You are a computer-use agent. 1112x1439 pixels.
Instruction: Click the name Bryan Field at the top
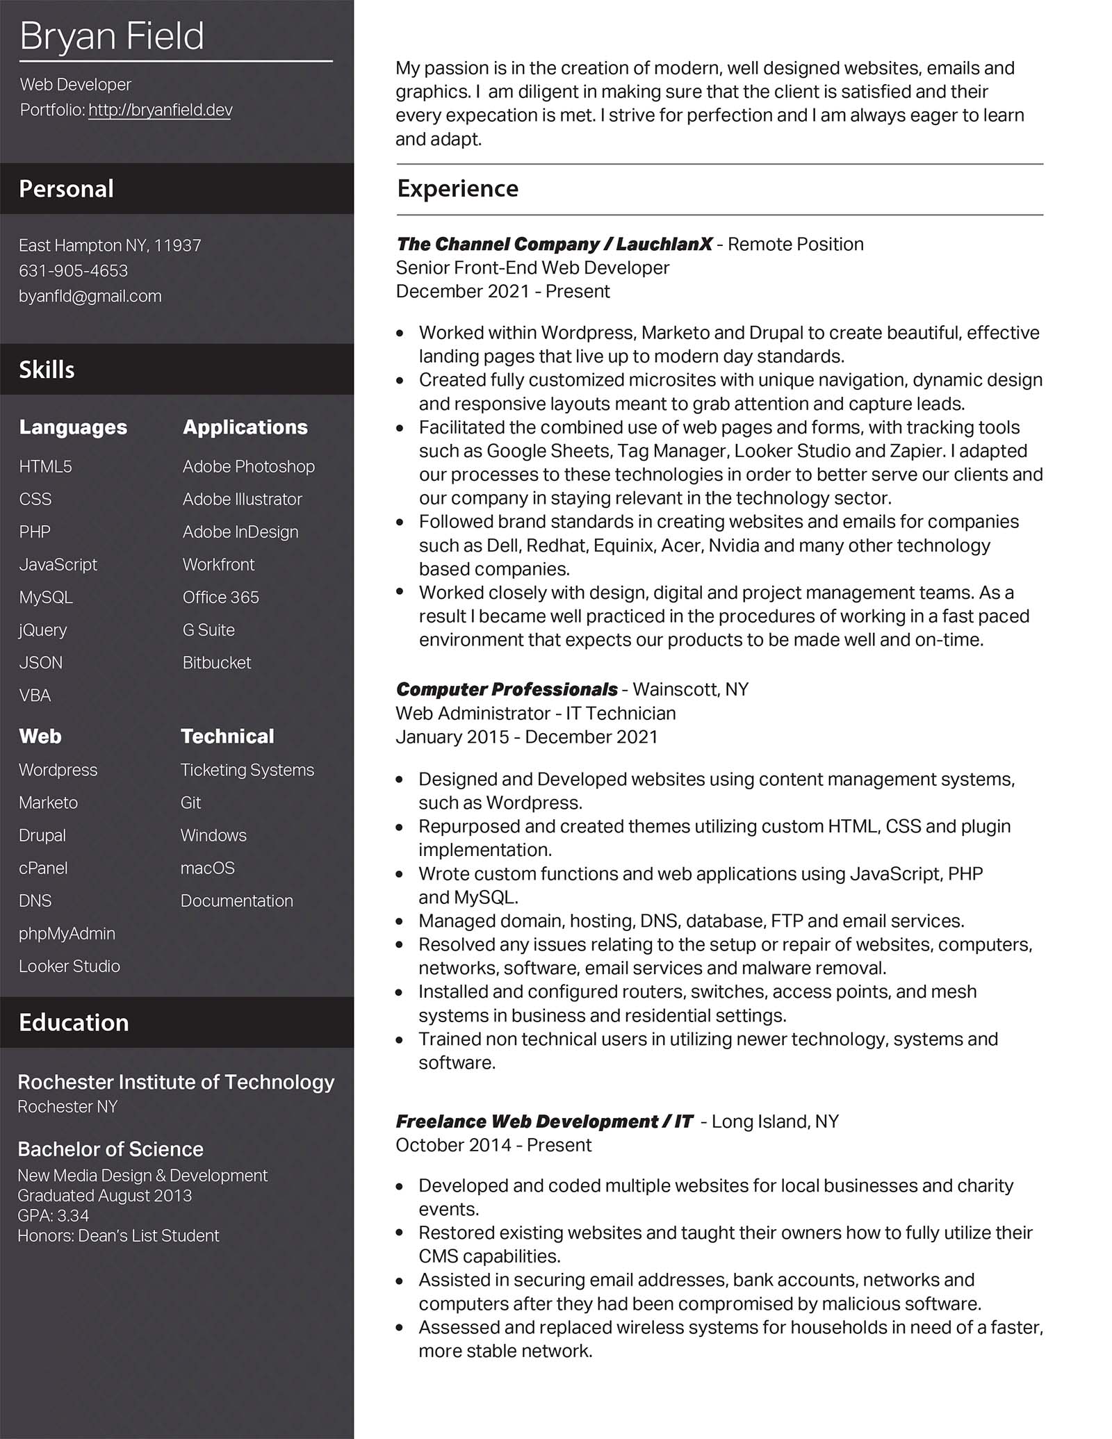pyautogui.click(x=112, y=36)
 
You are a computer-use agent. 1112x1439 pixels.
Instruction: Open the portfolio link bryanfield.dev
pyautogui.click(x=161, y=110)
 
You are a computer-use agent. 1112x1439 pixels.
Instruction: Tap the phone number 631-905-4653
pyautogui.click(x=73, y=270)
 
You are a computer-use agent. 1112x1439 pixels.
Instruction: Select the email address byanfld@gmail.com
pyautogui.click(x=90, y=296)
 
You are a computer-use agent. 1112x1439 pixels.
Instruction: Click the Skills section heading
pyautogui.click(x=47, y=370)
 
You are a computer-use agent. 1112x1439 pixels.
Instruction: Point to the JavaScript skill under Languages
pyautogui.click(x=58, y=564)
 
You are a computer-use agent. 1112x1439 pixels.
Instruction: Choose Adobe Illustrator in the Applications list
pyautogui.click(x=242, y=499)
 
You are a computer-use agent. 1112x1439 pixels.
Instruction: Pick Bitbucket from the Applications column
pyautogui.click(x=216, y=662)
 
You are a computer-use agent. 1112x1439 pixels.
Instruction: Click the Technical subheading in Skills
pyautogui.click(x=227, y=736)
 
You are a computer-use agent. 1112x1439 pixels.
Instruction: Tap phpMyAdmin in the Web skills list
pyautogui.click(x=67, y=933)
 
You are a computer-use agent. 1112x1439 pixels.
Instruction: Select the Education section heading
pyautogui.click(x=74, y=1022)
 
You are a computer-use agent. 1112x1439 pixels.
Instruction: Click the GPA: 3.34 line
pyautogui.click(x=54, y=1215)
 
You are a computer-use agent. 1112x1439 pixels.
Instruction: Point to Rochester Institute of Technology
pyautogui.click(x=176, y=1082)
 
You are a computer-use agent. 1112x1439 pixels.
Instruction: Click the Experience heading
pyautogui.click(x=457, y=188)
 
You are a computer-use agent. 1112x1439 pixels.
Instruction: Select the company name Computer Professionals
pyautogui.click(x=506, y=689)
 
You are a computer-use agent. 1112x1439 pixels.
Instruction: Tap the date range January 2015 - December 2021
pyautogui.click(x=526, y=737)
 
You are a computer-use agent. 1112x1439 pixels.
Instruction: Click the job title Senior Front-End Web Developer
pyautogui.click(x=532, y=268)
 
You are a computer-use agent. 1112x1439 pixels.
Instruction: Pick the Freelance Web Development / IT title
pyautogui.click(x=544, y=1121)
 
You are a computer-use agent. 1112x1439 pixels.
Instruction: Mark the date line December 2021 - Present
pyautogui.click(x=502, y=291)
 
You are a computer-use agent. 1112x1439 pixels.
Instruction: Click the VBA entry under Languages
pyautogui.click(x=35, y=695)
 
